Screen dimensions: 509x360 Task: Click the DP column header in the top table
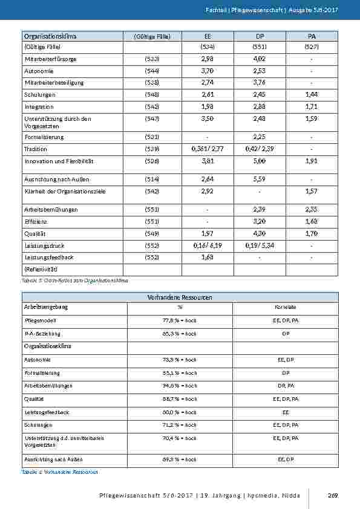click(259, 36)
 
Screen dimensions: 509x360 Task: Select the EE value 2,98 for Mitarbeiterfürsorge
click(208, 59)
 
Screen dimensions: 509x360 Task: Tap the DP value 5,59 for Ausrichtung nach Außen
click(259, 179)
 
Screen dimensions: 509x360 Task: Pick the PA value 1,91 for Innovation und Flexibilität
click(312, 161)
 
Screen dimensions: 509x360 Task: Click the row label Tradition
click(35, 149)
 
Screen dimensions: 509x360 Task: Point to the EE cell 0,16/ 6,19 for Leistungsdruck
click(208, 246)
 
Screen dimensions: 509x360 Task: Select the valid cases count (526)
click(152, 161)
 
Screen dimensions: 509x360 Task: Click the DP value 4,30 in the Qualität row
click(259, 234)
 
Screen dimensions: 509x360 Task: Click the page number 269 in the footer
click(332, 496)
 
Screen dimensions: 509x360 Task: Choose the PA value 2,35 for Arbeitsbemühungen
click(312, 210)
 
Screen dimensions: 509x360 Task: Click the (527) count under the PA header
click(312, 47)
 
